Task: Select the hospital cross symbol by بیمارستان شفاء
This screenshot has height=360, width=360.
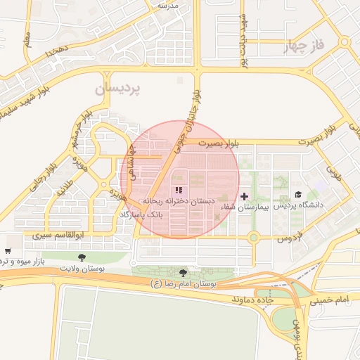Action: pos(244,196)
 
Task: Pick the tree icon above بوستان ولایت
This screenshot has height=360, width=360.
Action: pos(82,257)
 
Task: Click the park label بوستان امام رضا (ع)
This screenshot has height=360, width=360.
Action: pos(184,284)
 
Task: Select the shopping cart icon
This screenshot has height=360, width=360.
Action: pos(7,250)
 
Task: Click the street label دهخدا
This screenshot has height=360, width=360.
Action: pos(55,52)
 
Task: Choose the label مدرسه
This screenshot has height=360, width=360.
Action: pos(168,5)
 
